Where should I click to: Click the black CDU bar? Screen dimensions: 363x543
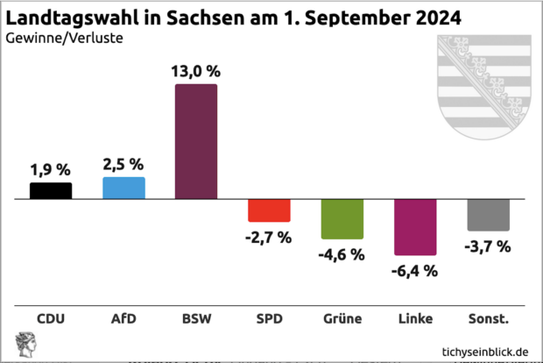[51, 190]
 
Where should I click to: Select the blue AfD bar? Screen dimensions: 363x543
[123, 188]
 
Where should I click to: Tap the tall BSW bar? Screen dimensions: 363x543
[196, 141]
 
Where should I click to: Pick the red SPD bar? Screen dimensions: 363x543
[269, 210]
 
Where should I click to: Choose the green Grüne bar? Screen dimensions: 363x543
[342, 219]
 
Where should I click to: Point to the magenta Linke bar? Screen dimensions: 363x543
[415, 227]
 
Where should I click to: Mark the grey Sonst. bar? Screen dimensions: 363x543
[488, 215]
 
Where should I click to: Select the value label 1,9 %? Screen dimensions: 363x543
[51, 169]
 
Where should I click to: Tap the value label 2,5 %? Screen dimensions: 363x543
[123, 164]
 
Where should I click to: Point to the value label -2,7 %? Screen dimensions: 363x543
[269, 238]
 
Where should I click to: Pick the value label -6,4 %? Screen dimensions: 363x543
[415, 271]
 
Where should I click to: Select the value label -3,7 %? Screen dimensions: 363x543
[488, 246]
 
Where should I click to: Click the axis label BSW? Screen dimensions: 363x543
[196, 318]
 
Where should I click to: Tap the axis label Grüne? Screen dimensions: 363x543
[342, 318]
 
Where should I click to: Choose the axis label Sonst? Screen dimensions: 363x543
[488, 318]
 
